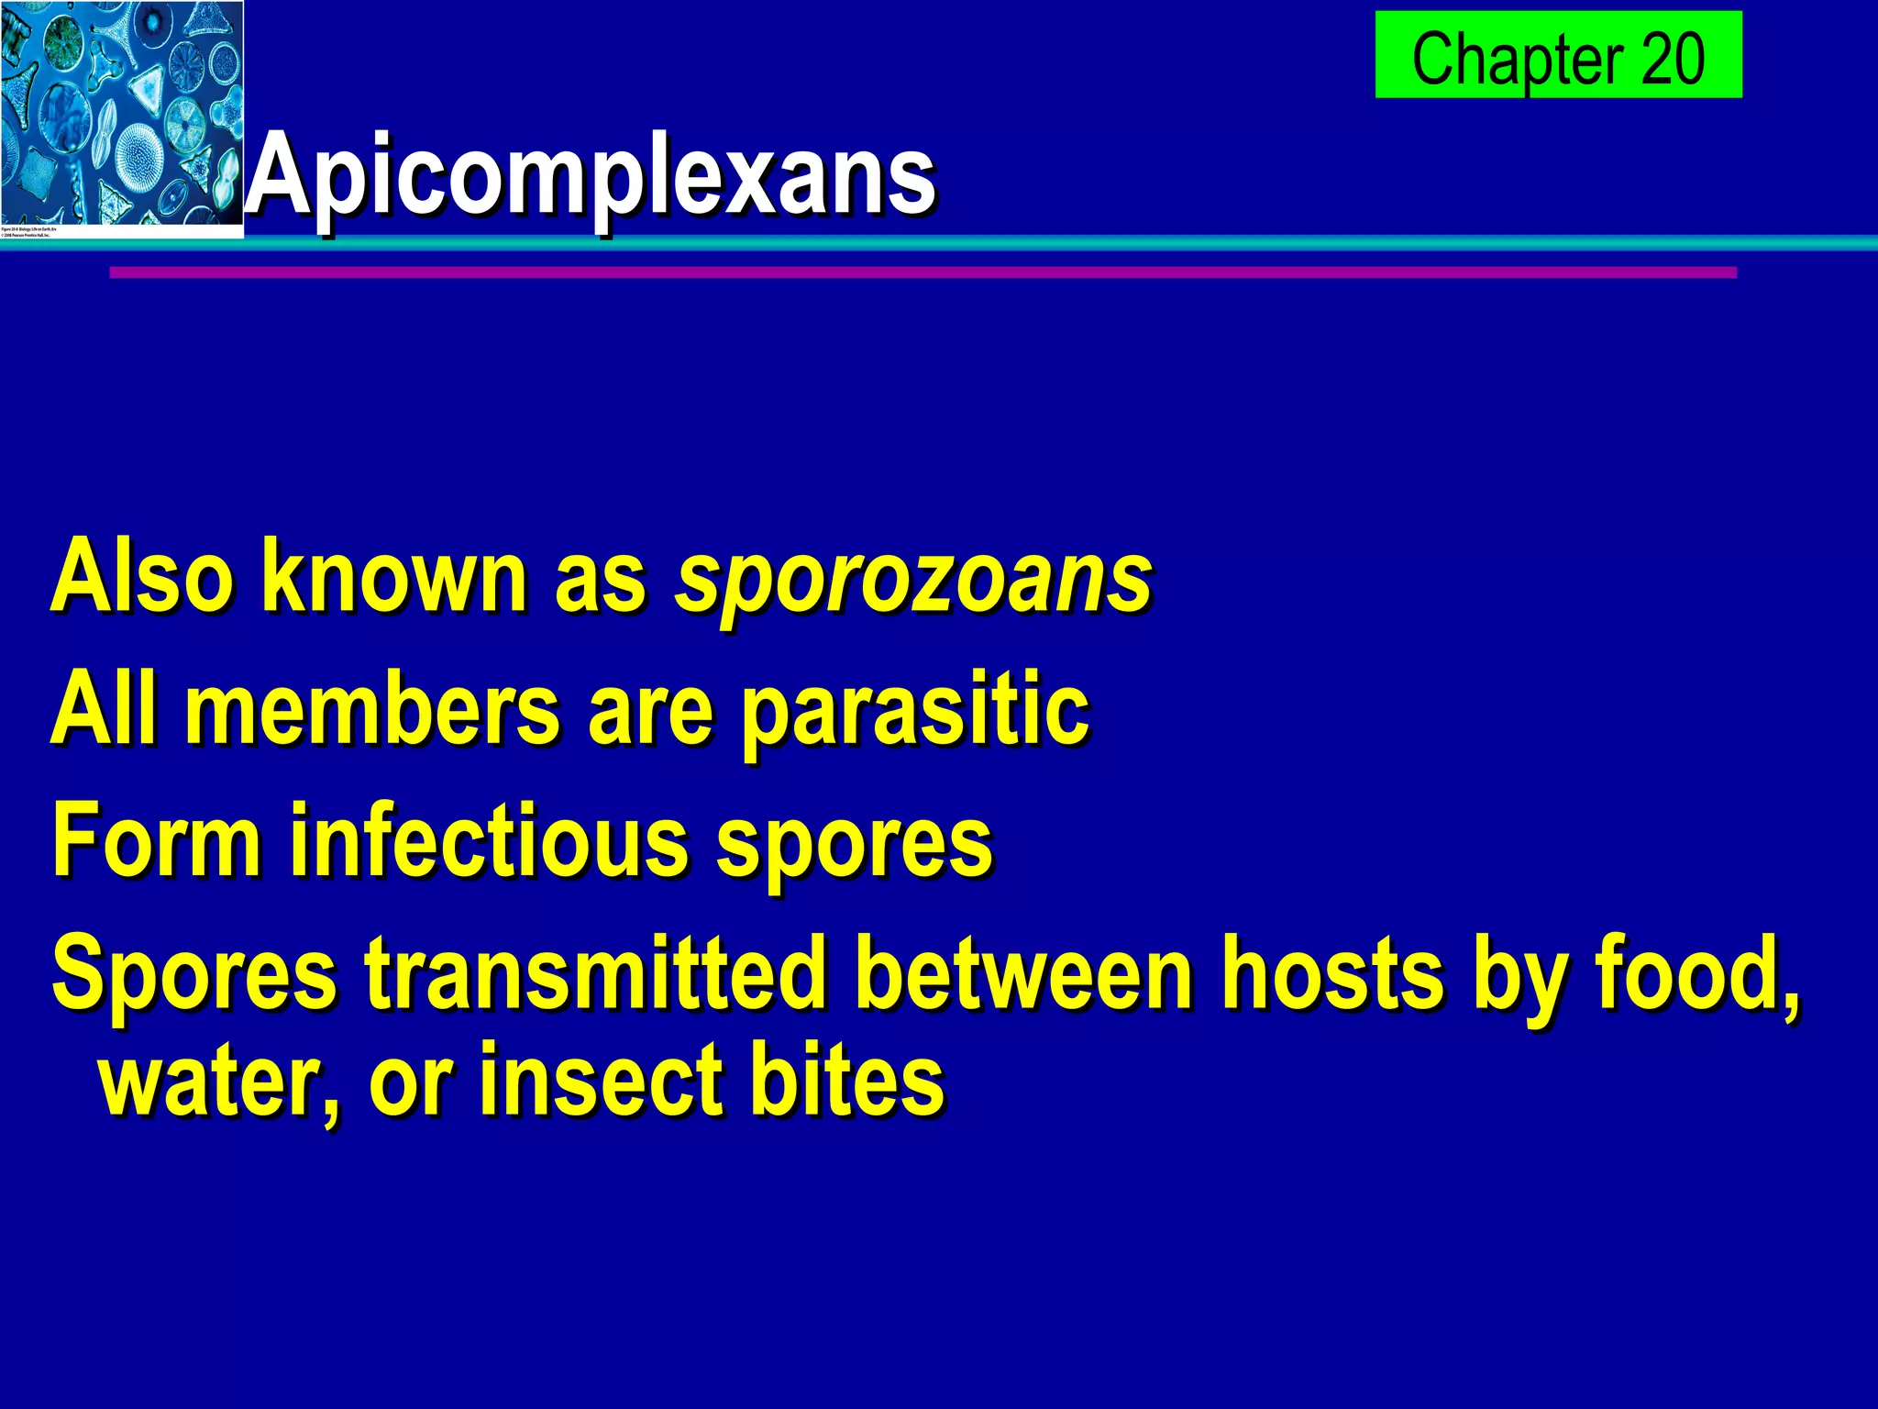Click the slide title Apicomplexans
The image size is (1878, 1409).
pyautogui.click(x=591, y=174)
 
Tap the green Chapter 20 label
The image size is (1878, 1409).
pyautogui.click(x=1558, y=55)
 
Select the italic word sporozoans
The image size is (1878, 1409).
pyautogui.click(x=913, y=580)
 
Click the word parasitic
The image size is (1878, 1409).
pyautogui.click(x=915, y=713)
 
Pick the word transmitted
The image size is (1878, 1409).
pyautogui.click(x=596, y=973)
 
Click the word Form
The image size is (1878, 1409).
pyautogui.click(x=157, y=840)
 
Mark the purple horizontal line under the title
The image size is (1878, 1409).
pyautogui.click(x=922, y=272)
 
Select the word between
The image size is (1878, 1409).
pyautogui.click(x=1023, y=973)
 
